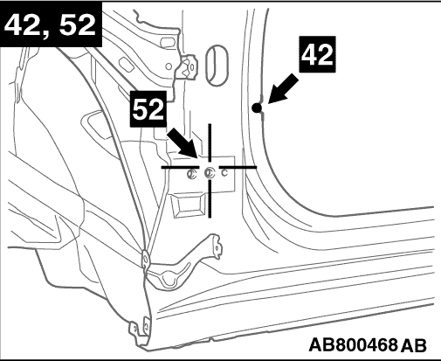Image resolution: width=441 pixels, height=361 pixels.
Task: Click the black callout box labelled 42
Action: pyautogui.click(x=318, y=54)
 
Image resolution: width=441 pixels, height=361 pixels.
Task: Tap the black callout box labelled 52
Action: pyautogui.click(x=148, y=109)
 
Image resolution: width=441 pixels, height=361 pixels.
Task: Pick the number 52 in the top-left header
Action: pyautogui.click(x=77, y=25)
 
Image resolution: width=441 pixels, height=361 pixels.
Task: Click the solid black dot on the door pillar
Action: pyautogui.click(x=257, y=108)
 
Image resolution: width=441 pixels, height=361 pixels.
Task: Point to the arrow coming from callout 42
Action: pyautogui.click(x=282, y=88)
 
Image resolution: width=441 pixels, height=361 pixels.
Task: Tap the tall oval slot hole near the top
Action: pyautogui.click(x=217, y=66)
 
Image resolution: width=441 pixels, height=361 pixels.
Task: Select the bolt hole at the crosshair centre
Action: pyautogui.click(x=210, y=173)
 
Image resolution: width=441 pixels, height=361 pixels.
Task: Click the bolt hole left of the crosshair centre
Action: pyautogui.click(x=191, y=173)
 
